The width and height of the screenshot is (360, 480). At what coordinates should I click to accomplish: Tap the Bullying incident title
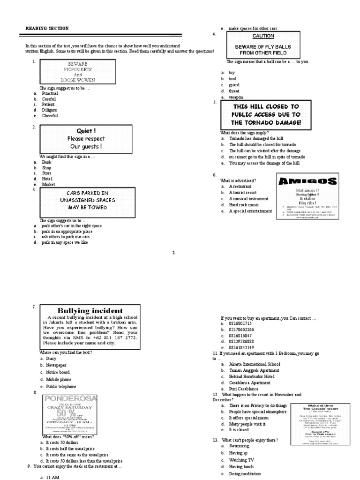click(x=90, y=310)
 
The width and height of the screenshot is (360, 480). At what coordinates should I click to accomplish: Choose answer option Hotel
click(x=47, y=179)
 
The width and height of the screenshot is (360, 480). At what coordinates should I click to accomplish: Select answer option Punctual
click(x=50, y=93)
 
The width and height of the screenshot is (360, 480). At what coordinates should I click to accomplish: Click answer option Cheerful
click(x=50, y=115)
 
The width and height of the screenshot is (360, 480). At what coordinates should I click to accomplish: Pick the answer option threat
click(x=234, y=91)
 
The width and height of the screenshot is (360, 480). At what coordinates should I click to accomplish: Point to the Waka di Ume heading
click(x=321, y=405)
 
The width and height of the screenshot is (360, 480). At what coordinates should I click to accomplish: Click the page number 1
click(x=173, y=253)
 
